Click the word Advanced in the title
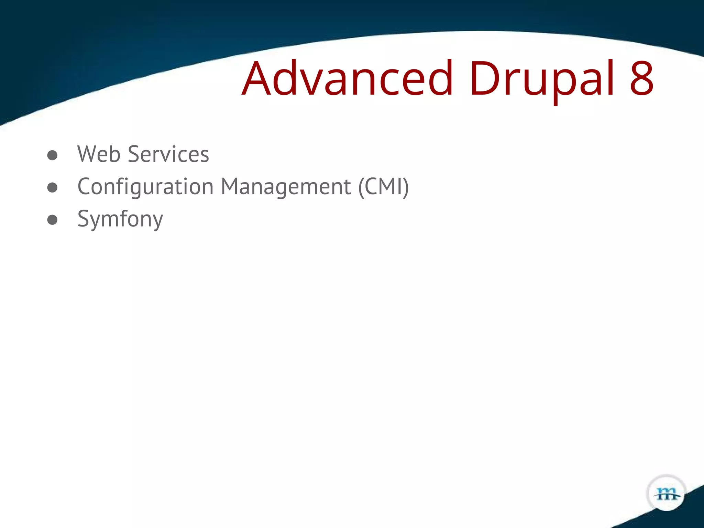pyautogui.click(x=347, y=78)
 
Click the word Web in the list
pyautogui.click(x=99, y=154)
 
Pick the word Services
pyautogui.click(x=168, y=154)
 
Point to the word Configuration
pyautogui.click(x=145, y=187)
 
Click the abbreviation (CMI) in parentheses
pyautogui.click(x=384, y=187)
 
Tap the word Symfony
pyautogui.click(x=120, y=219)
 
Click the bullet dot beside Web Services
pyautogui.click(x=52, y=155)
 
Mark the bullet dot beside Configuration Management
pyautogui.click(x=52, y=187)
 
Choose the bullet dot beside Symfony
pyautogui.click(x=52, y=220)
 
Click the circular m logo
pyautogui.click(x=667, y=494)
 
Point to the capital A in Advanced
pyautogui.click(x=255, y=78)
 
